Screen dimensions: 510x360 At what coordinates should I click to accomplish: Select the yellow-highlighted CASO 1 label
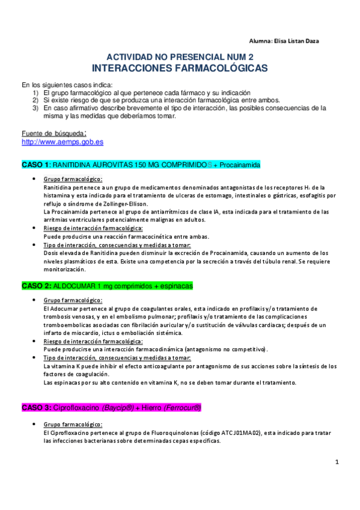35,164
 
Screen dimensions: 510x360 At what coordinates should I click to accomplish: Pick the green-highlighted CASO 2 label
35,285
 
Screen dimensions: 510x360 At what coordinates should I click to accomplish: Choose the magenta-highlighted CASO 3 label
35,407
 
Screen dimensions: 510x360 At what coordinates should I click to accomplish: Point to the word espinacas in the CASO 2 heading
176,285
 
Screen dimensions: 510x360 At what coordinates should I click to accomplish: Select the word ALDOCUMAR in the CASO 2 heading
73,285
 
